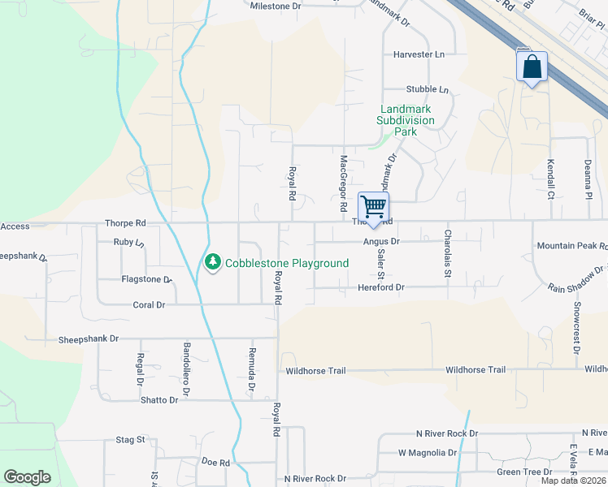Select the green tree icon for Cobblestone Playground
(212, 263)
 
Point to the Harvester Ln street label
(419, 54)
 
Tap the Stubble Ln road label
(428, 89)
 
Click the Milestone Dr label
(276, 6)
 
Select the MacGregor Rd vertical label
(344, 185)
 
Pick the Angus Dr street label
(381, 241)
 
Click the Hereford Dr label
(381, 287)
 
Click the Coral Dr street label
(149, 305)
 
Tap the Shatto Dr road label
(159, 400)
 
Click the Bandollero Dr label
(186, 369)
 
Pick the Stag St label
(130, 440)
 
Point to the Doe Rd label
(216, 463)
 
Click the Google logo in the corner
(27, 477)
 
